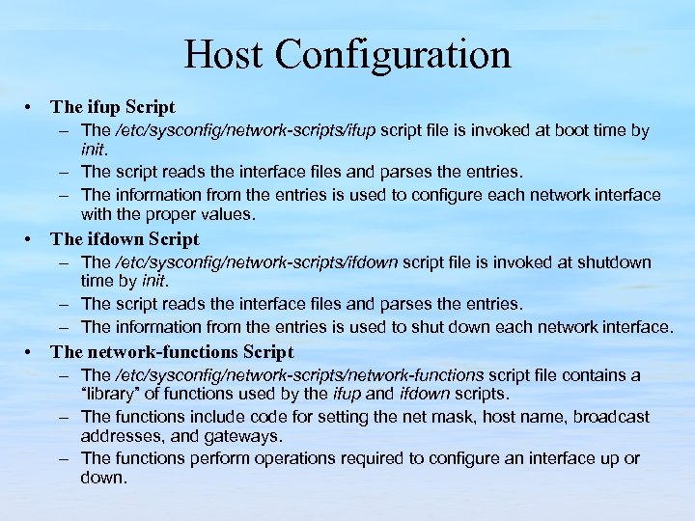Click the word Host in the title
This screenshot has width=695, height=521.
pos(225,54)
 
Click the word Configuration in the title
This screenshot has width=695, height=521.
pos(393,56)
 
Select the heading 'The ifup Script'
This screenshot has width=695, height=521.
pos(113,108)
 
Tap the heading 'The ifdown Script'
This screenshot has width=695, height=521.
pos(125,239)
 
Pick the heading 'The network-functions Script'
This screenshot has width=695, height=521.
pos(172,352)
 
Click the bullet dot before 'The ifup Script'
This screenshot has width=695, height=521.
pos(33,108)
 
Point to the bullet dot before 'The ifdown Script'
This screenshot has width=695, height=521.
pos(33,239)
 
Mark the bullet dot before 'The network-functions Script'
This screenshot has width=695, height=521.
pos(33,352)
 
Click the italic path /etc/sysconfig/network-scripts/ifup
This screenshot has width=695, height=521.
pos(246,130)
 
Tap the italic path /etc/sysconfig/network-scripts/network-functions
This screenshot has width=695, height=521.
pos(299,375)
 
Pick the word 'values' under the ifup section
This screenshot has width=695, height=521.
pos(221,215)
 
